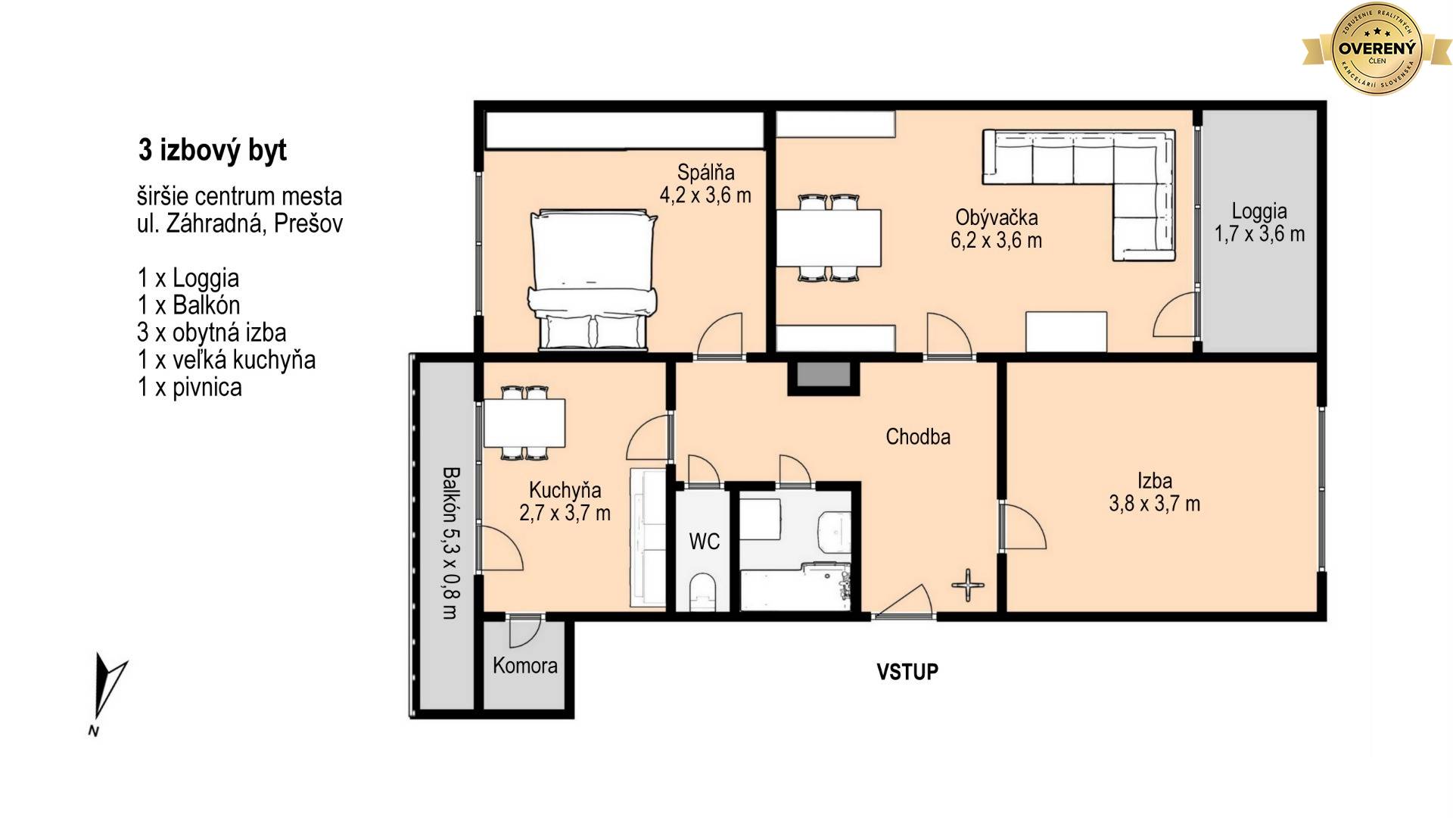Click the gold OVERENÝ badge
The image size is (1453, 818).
pyautogui.click(x=1377, y=48)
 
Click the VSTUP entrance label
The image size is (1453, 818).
pyautogui.click(x=907, y=672)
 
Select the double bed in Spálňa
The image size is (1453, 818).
pyautogui.click(x=593, y=281)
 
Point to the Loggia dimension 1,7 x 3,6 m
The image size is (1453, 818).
pyautogui.click(x=1259, y=234)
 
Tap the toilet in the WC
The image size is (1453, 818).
pyautogui.click(x=703, y=592)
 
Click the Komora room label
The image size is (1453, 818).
pyautogui.click(x=524, y=666)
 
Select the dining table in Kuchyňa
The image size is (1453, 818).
pyautogui.click(x=524, y=423)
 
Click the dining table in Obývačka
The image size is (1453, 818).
pyautogui.click(x=829, y=238)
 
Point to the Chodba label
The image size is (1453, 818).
pyautogui.click(x=918, y=436)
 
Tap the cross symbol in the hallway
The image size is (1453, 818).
pyautogui.click(x=968, y=585)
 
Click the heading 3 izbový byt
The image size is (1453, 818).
pyautogui.click(x=213, y=151)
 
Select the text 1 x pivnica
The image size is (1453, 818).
pyautogui.click(x=190, y=387)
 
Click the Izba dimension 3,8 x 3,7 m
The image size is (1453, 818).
pyautogui.click(x=1154, y=504)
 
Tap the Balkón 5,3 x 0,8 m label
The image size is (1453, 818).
pyautogui.click(x=450, y=542)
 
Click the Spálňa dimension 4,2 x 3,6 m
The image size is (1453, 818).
pyautogui.click(x=705, y=195)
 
